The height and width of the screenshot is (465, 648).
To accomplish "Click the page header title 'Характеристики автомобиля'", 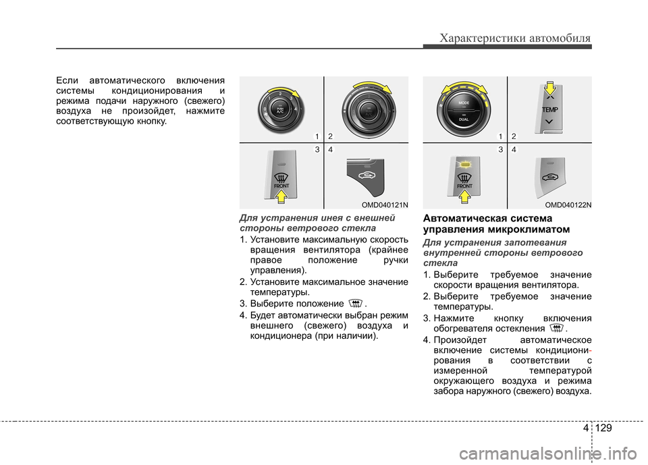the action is [515, 38].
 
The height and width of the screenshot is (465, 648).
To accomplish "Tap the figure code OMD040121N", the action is [385, 205].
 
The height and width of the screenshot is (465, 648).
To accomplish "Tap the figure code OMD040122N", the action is [568, 205].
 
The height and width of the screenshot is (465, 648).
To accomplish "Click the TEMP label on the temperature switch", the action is [549, 109].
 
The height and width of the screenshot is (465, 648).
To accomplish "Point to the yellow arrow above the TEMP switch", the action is [549, 88].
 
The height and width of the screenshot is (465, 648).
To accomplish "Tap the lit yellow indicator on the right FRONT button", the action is [465, 165].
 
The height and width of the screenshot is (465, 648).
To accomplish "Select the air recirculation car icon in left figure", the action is [366, 175].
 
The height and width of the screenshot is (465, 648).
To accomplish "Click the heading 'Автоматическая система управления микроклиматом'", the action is [496, 223].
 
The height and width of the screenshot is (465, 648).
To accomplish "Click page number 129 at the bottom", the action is [603, 428].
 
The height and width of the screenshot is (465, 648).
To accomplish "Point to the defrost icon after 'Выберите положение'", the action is [356, 304].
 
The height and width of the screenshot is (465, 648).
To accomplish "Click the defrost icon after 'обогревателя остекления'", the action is [557, 328].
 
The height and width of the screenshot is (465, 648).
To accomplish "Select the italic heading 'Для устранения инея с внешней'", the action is [317, 218].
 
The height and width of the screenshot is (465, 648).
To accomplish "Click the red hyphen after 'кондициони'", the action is [590, 350].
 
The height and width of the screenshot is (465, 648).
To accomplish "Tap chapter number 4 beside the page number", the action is [586, 428].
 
